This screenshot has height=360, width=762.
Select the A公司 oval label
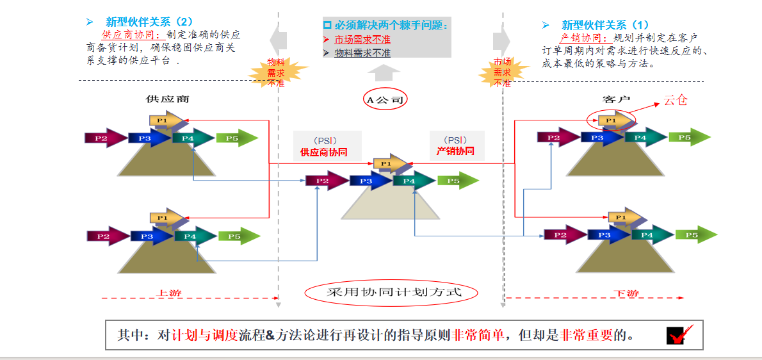(385, 99)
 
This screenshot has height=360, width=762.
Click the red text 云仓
(675, 100)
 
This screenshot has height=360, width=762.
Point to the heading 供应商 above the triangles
(167, 99)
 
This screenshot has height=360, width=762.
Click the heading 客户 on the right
(617, 99)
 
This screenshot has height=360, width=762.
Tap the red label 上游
(170, 293)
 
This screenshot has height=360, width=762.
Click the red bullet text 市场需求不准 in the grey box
(362, 40)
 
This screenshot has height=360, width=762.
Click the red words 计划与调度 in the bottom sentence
(205, 335)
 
